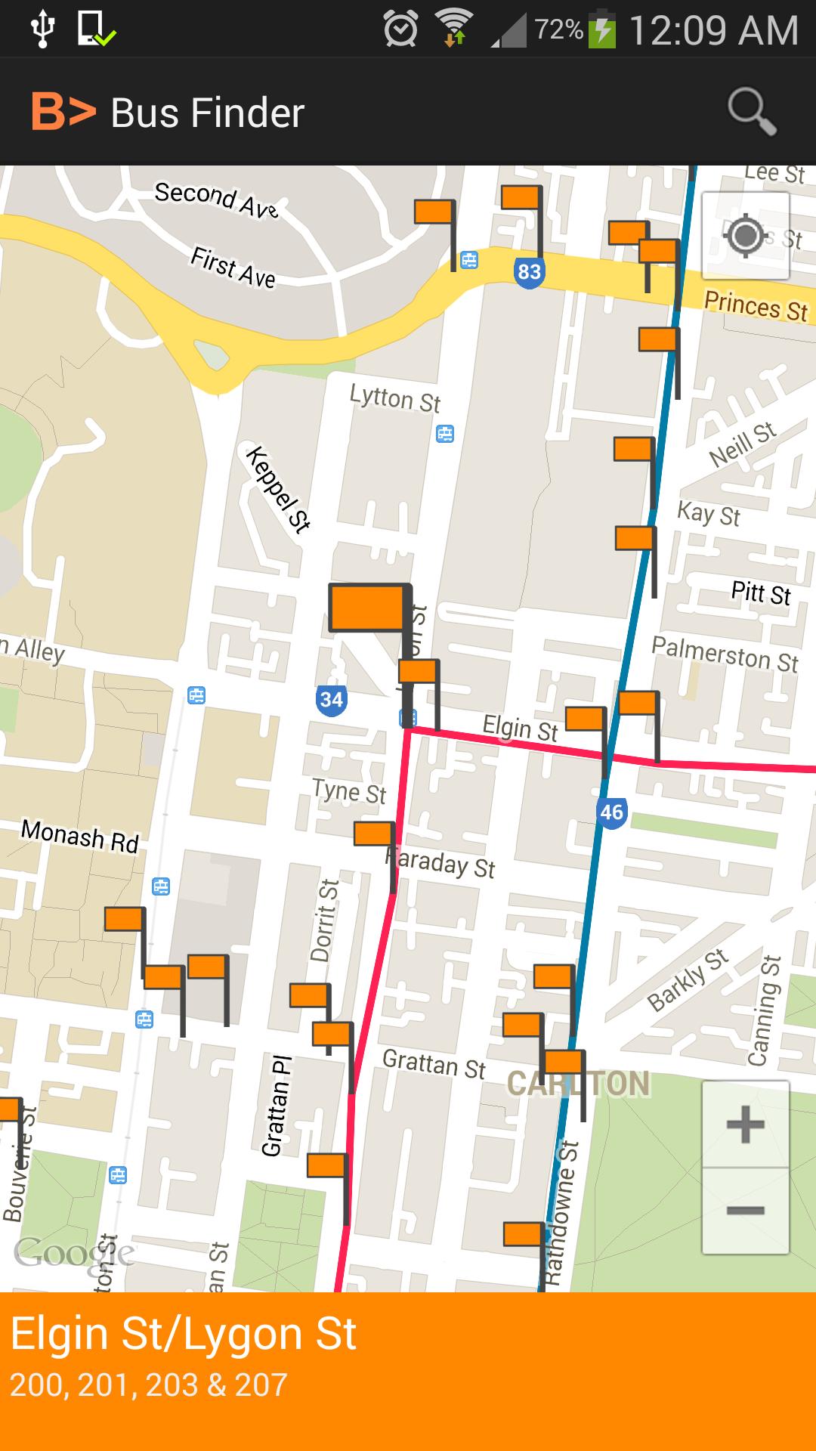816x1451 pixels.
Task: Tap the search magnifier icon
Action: tap(752, 113)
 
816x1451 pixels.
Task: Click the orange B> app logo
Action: tap(63, 112)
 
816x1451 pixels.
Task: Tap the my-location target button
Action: tap(745, 236)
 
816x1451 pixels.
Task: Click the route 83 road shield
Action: tap(529, 271)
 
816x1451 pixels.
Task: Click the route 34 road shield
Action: tap(331, 699)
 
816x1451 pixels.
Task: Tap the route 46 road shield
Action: tap(610, 812)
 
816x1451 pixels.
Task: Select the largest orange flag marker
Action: tap(367, 608)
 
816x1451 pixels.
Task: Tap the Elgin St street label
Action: tap(520, 729)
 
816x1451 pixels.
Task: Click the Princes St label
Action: tap(756, 307)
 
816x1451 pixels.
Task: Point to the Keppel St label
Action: tap(278, 490)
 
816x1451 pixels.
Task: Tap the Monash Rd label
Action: tap(80, 836)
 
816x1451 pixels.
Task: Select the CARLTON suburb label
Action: tap(578, 1084)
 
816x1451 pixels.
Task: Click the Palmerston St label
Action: tap(724, 654)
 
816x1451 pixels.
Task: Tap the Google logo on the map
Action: tap(73, 1253)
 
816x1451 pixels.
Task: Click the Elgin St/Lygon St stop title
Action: tap(184, 1334)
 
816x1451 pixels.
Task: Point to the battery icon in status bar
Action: tap(602, 30)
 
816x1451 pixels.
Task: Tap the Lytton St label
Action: tap(394, 398)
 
